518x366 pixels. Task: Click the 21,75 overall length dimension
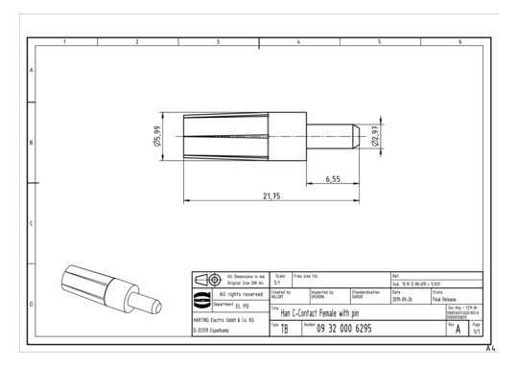271,195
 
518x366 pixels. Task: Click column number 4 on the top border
299,41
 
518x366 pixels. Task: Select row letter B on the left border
32,144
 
